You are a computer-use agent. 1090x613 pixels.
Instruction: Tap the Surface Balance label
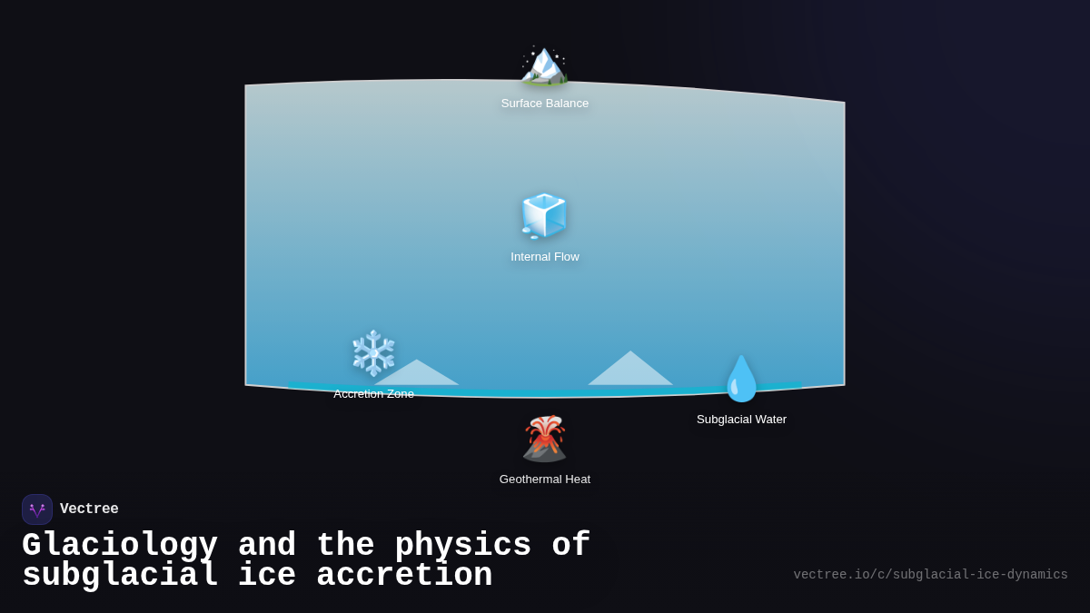[x=545, y=104]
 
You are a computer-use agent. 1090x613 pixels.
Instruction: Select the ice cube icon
[x=544, y=216]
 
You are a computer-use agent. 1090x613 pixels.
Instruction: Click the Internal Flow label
[x=545, y=257]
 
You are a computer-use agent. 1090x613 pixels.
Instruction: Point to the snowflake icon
[x=373, y=353]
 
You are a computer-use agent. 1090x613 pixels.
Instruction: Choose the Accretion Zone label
[x=373, y=394]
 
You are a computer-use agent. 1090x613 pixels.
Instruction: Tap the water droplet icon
[x=741, y=379]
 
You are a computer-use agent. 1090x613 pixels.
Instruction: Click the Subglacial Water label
[x=741, y=420]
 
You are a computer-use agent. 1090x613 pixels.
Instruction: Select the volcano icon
[x=544, y=439]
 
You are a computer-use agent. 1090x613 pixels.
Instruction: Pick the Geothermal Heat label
[x=545, y=480]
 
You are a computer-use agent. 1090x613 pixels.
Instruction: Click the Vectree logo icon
[x=37, y=509]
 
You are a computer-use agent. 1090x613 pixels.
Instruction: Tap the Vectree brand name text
[x=89, y=509]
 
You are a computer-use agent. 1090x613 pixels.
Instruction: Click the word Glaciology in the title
[x=120, y=546]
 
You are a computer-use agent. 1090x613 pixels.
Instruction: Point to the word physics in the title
[x=462, y=546]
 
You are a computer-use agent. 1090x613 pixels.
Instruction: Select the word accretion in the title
[x=404, y=576]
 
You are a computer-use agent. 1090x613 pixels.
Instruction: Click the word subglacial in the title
[x=120, y=576]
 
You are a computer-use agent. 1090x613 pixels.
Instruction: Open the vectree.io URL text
[x=930, y=575]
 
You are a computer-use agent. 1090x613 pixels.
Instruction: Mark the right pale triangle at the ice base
[x=630, y=371]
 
